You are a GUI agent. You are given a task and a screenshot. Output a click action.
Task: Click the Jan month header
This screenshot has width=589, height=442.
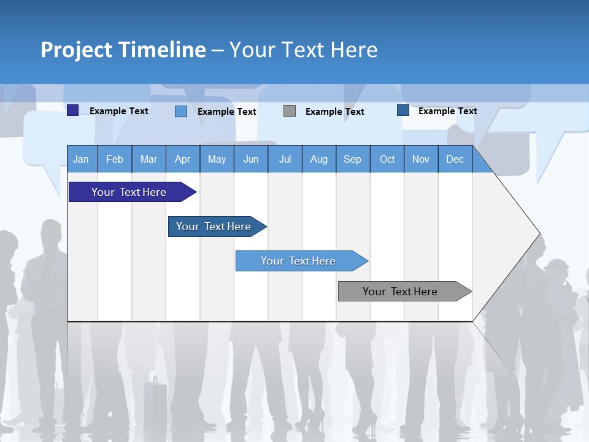(x=81, y=159)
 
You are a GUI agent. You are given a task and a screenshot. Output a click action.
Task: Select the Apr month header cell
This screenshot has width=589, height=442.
(x=182, y=159)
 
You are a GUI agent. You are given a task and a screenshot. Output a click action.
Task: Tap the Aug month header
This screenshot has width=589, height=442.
(x=318, y=159)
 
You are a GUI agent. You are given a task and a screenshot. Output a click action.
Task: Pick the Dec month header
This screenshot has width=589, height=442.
(x=455, y=159)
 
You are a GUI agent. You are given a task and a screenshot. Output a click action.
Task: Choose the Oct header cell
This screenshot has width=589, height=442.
(x=387, y=159)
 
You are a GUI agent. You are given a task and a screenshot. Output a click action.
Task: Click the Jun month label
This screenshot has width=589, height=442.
(x=250, y=159)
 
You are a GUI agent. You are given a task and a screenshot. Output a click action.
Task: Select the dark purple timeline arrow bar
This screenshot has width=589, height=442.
(x=129, y=192)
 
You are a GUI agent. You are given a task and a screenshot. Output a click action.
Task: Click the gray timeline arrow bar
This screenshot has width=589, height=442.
(x=400, y=292)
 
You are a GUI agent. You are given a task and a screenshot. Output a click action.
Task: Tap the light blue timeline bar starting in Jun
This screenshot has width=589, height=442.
(x=298, y=261)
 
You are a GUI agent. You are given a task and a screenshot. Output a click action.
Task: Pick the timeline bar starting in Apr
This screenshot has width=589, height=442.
(x=214, y=227)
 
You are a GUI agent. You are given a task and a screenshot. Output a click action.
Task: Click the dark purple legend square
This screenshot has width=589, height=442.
(x=73, y=110)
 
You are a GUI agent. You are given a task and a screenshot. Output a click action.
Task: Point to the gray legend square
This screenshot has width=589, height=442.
(x=290, y=110)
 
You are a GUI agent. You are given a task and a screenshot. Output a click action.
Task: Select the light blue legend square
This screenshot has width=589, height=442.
(x=181, y=111)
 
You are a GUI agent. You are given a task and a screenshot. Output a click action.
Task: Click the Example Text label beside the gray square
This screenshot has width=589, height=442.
(x=334, y=111)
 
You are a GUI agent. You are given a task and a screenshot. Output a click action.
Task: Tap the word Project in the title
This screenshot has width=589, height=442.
(x=77, y=50)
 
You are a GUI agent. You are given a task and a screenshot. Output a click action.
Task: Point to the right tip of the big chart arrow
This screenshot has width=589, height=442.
(x=539, y=233)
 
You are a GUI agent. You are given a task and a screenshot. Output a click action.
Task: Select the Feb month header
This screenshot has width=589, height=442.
(x=115, y=159)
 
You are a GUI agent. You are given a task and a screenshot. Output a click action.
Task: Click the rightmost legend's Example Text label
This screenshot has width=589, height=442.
(x=447, y=110)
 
